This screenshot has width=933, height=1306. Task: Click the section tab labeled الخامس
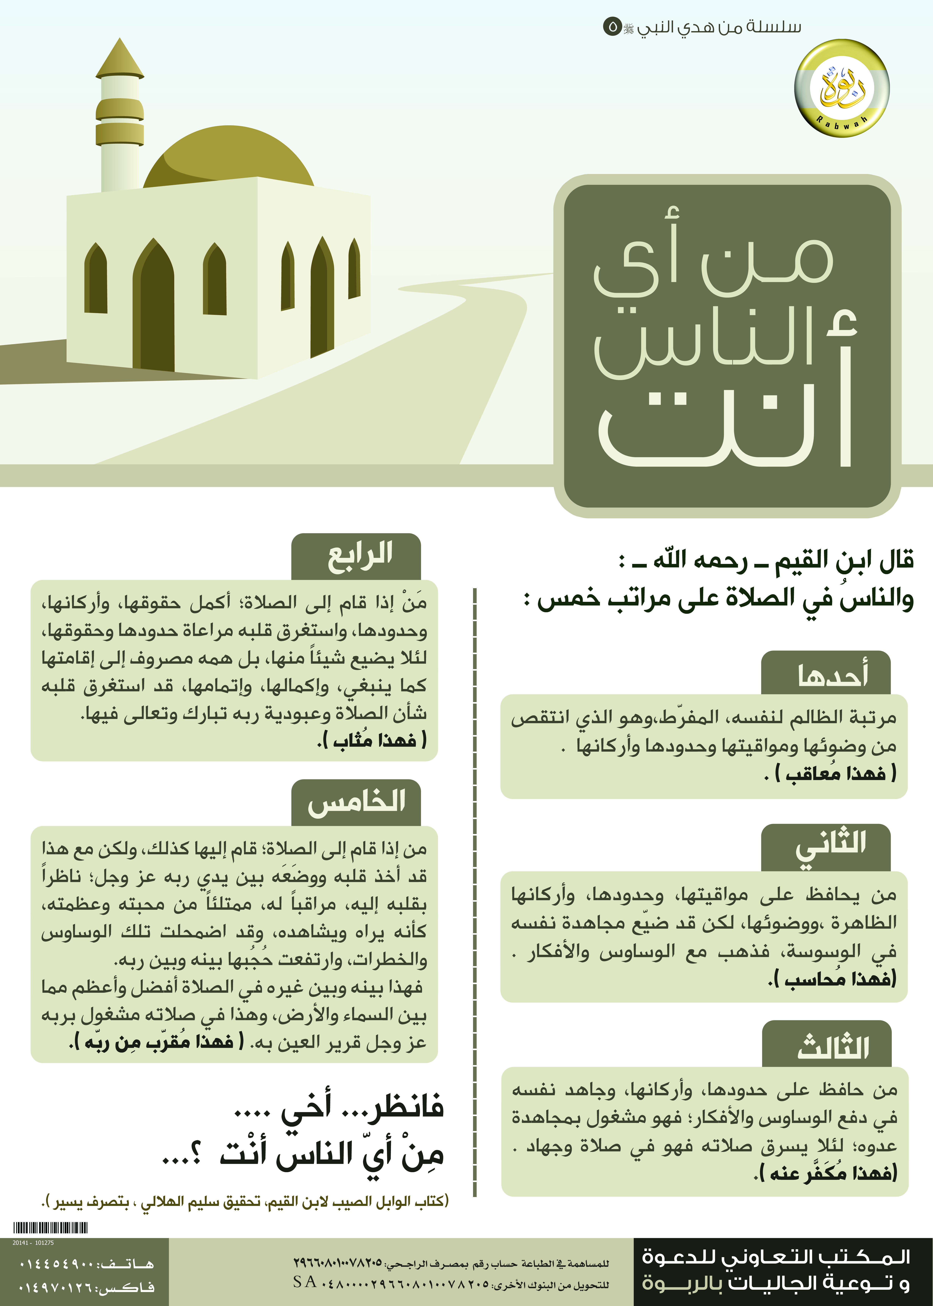(x=356, y=803)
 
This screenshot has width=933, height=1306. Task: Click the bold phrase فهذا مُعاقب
(x=836, y=774)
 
